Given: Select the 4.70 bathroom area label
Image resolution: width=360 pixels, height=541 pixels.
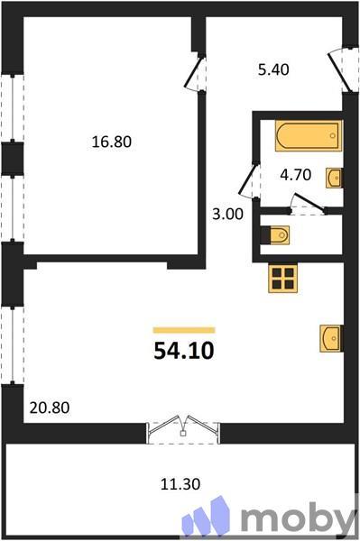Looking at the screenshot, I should coord(295,175).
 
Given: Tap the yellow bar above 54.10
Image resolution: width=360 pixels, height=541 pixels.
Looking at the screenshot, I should coord(183,330).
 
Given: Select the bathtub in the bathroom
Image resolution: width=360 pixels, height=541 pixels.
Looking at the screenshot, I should coord(308,137).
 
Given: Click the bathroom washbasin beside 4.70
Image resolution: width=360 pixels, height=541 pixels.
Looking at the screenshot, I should coord(334,176).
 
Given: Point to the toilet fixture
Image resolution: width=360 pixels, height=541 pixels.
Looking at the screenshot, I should coord(276,235).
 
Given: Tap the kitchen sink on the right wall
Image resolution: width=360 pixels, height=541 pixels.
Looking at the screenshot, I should coord(331,338).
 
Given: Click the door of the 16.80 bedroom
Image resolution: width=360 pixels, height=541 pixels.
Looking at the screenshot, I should coord(196,72).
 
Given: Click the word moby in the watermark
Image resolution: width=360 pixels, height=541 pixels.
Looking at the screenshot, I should coord(298,518).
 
